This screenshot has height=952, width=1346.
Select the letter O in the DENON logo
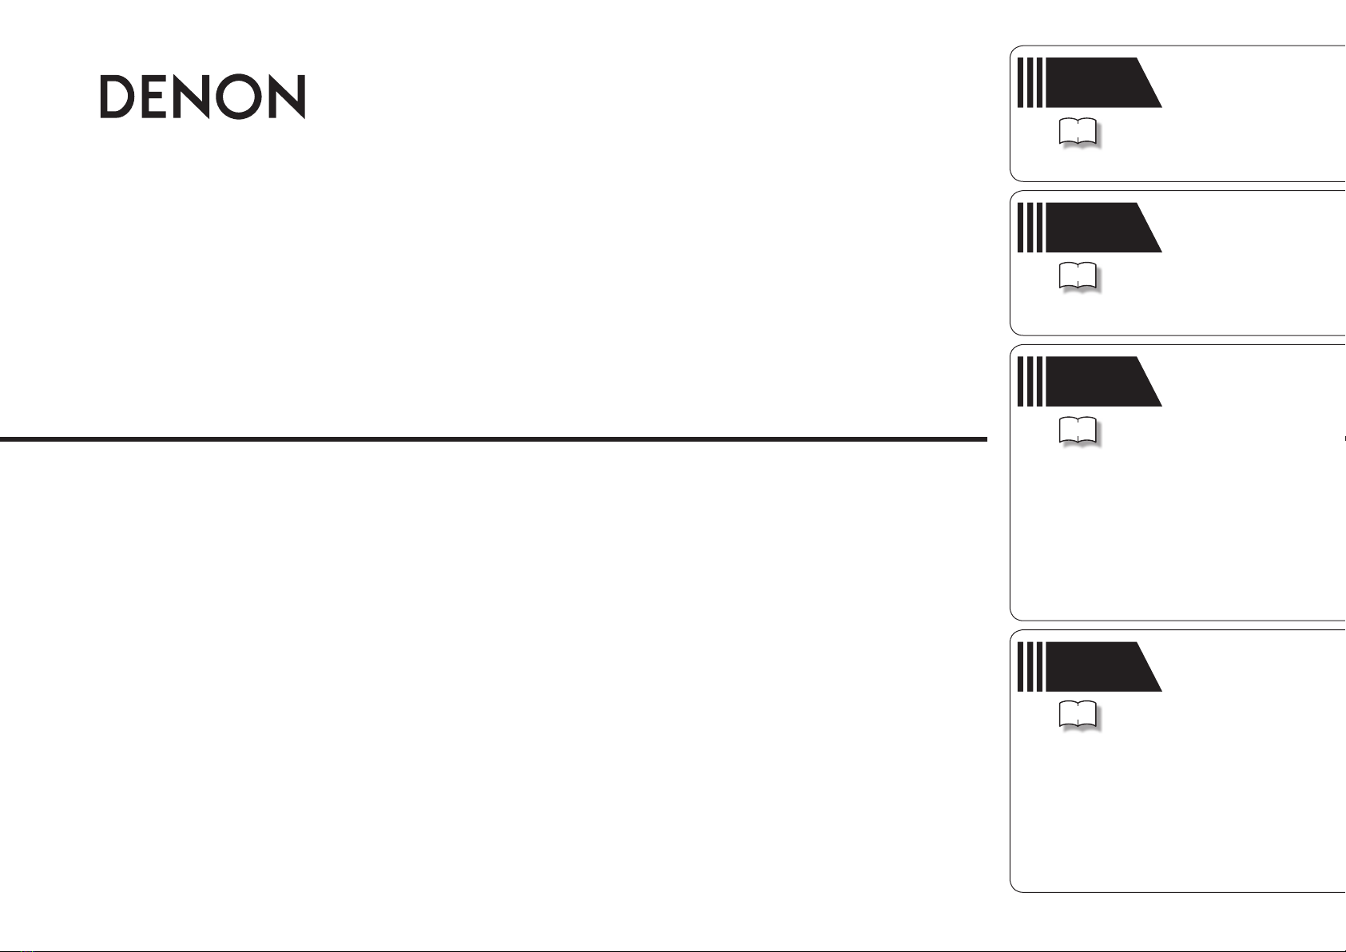(239, 97)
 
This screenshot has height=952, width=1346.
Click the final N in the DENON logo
(288, 97)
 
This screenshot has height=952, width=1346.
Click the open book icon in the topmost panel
(1078, 132)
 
